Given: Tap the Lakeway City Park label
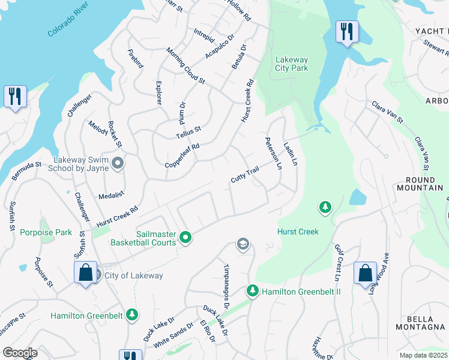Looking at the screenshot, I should pyautogui.click(x=291, y=64).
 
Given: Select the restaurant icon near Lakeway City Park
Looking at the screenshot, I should pyautogui.click(x=346, y=32).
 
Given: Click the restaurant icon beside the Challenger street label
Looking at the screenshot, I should pyautogui.click(x=15, y=97).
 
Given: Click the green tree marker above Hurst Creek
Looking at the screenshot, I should pyautogui.click(x=325, y=207).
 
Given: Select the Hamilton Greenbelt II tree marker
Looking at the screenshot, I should pyautogui.click(x=253, y=291).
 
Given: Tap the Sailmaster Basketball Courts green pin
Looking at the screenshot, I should pyautogui.click(x=185, y=238).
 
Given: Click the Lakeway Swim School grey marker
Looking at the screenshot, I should pyautogui.click(x=118, y=163).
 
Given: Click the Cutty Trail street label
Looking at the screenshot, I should pyautogui.click(x=245, y=175).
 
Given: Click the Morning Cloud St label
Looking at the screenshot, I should pyautogui.click(x=185, y=66).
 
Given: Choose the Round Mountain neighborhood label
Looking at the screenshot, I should pyautogui.click(x=420, y=184).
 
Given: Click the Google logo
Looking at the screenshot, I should pyautogui.click(x=20, y=352).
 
